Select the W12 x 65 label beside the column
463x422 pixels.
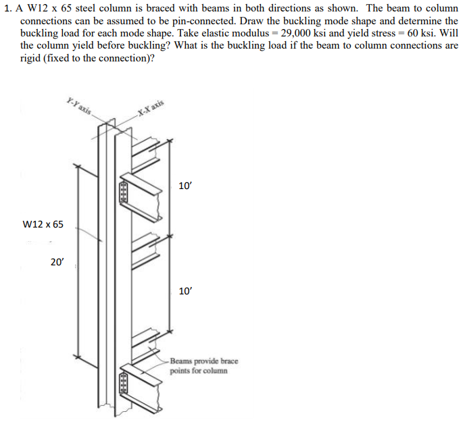click(43, 223)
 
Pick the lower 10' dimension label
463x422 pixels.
click(185, 291)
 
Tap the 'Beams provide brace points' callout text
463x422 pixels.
click(204, 366)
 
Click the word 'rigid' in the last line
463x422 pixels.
click(32, 57)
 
